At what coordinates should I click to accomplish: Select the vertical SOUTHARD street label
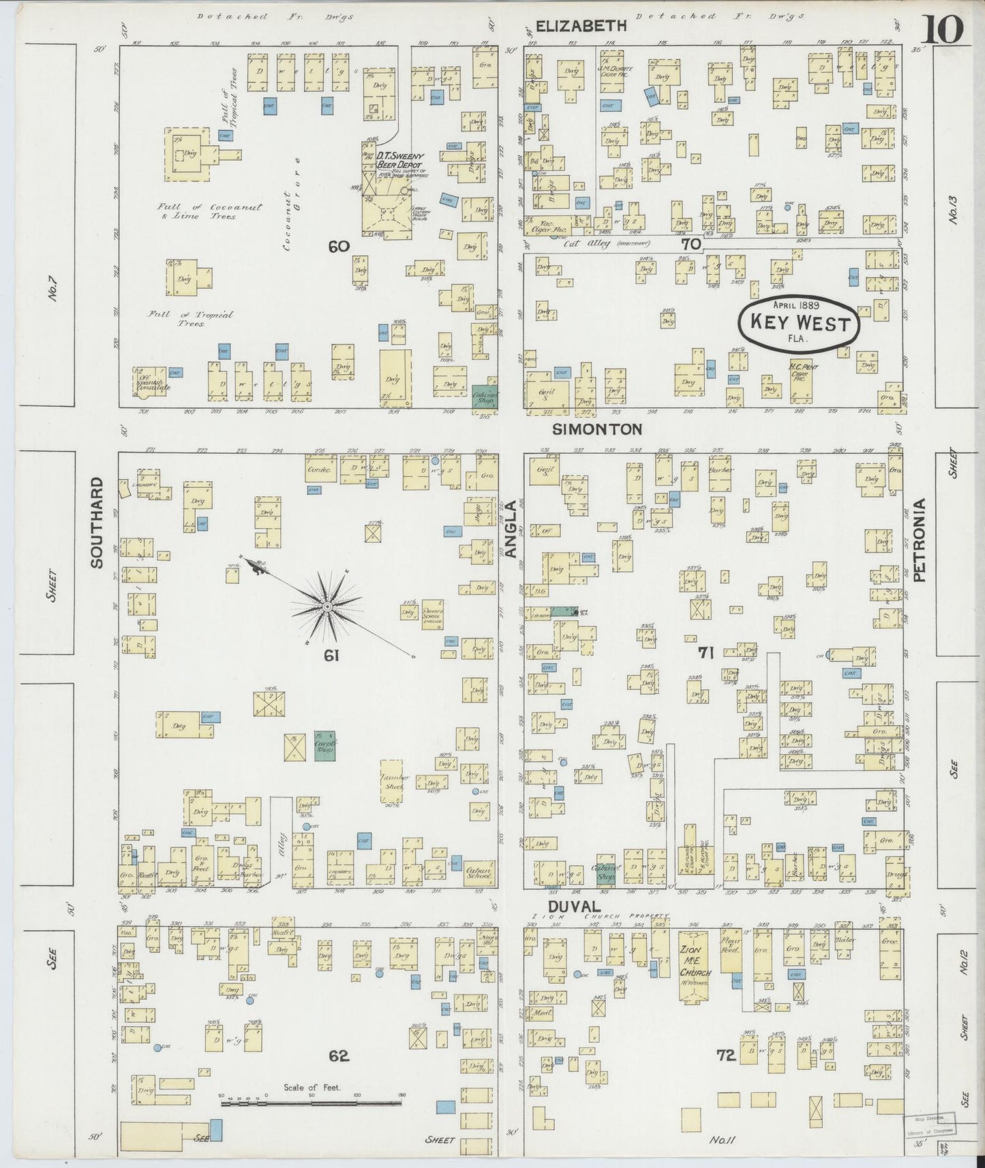click(x=96, y=523)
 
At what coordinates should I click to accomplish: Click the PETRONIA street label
click(x=920, y=540)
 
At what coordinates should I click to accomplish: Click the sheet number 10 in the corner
click(x=944, y=29)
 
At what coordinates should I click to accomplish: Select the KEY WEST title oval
click(x=799, y=324)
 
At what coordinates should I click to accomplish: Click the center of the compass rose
click(x=327, y=606)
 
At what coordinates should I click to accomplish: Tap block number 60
click(x=338, y=247)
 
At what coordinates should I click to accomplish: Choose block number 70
click(x=690, y=243)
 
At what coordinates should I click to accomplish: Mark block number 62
click(x=339, y=1056)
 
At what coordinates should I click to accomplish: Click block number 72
click(x=725, y=1056)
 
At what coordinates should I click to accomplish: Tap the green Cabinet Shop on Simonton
click(x=485, y=396)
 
